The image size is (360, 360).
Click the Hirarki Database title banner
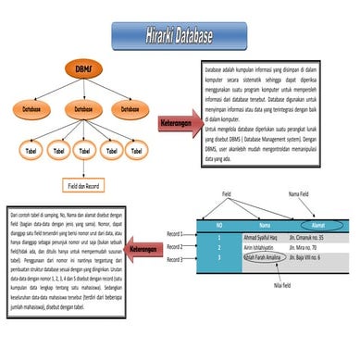[179, 36]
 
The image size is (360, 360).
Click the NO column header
[218, 225]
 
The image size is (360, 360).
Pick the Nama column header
[264, 225]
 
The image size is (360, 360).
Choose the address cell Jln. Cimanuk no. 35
[323, 237]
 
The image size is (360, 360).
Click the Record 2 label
[176, 246]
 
